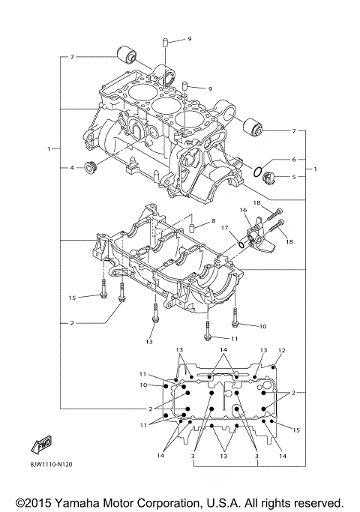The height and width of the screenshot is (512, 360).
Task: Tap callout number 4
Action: pos(71,168)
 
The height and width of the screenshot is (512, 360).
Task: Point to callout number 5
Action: pos(294,177)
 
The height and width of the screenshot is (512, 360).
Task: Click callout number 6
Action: pos(294,160)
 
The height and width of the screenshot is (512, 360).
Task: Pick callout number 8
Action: pos(213,221)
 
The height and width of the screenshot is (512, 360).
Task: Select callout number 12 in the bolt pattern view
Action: pos(282,350)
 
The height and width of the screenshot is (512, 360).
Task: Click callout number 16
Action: pos(243,210)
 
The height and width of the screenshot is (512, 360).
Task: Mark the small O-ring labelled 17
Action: pos(239,243)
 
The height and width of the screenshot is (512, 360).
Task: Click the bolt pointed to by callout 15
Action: pos(103,289)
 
